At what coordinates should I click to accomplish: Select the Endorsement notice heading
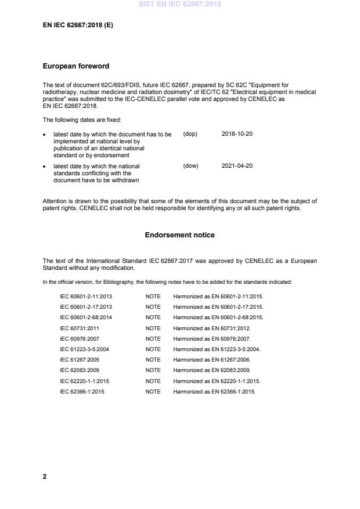click(179, 235)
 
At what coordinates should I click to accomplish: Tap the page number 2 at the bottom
click(45, 476)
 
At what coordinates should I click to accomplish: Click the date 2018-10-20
click(237, 134)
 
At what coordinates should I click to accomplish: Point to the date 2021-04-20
click(237, 166)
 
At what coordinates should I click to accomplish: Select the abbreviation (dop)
click(190, 134)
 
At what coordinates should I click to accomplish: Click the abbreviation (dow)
click(190, 166)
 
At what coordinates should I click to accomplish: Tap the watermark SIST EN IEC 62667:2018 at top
click(179, 5)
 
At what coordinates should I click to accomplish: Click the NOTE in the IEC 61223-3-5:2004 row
click(153, 349)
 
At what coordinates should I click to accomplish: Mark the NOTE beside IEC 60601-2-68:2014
click(153, 317)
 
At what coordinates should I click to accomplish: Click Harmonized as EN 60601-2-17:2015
click(218, 306)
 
